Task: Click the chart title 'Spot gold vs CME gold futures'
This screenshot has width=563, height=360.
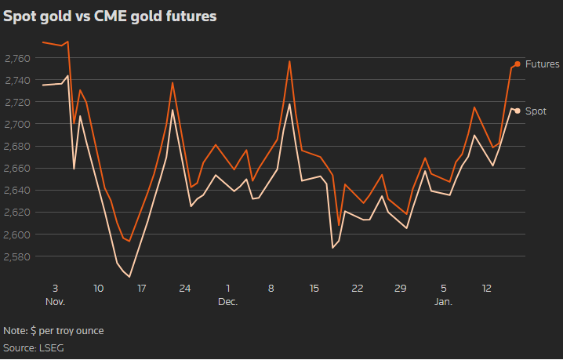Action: [x=111, y=15]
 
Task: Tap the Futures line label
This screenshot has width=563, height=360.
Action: [x=542, y=64]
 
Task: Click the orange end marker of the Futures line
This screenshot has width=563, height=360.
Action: [x=518, y=64]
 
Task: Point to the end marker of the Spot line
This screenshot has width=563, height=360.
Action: [x=518, y=111]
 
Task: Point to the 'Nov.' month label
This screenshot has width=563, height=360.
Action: [x=54, y=302]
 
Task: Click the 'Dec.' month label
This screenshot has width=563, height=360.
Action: [x=227, y=302]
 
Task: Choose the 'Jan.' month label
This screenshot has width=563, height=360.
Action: [x=445, y=302]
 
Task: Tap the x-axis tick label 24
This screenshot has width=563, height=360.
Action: [x=185, y=288]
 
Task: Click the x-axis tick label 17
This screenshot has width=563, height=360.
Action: [x=142, y=288]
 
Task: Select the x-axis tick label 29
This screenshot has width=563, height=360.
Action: [x=401, y=288]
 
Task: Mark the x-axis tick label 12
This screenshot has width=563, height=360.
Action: [x=487, y=288]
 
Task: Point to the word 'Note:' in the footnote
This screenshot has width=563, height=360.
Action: [x=16, y=331]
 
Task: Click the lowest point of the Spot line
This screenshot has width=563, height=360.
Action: [x=129, y=277]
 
